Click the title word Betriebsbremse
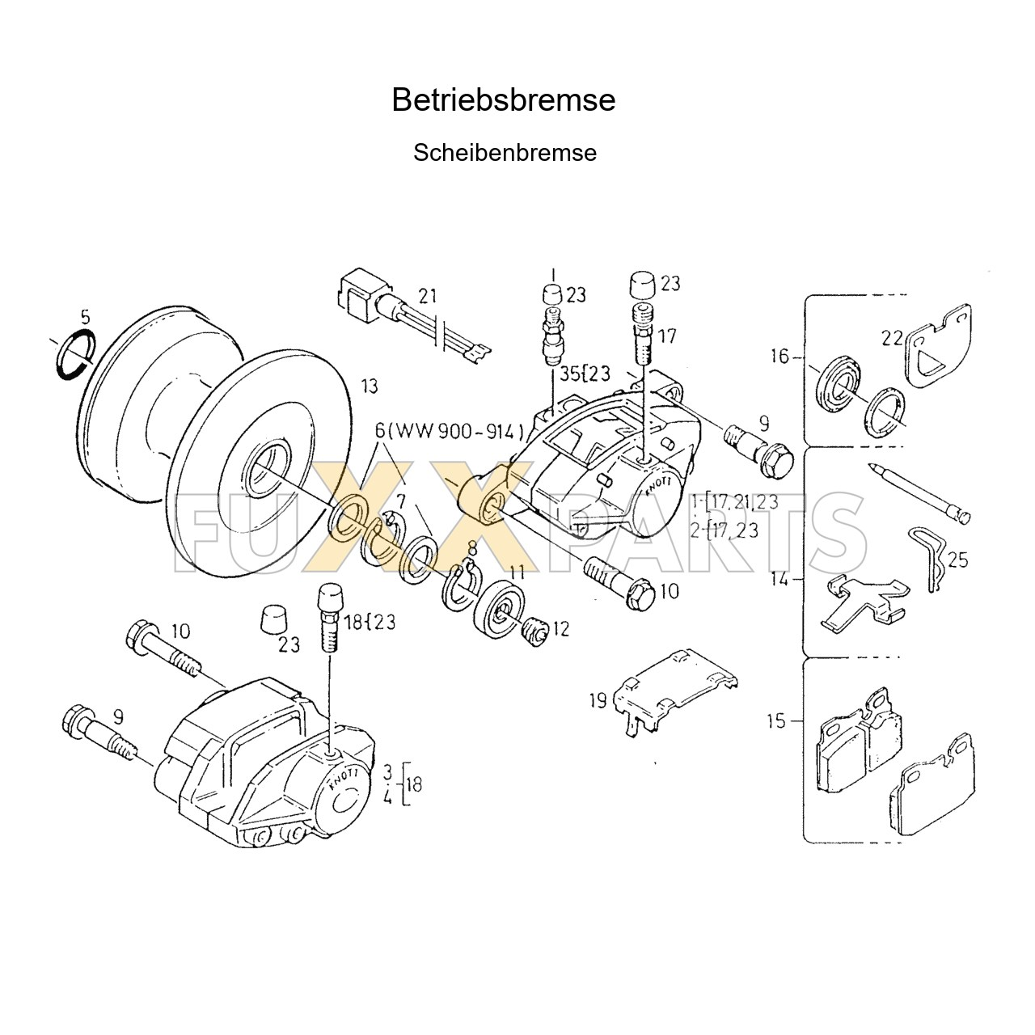(503, 100)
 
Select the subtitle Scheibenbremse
(505, 153)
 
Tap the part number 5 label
(87, 316)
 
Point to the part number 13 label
(369, 386)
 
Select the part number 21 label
(427, 297)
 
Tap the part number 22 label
(892, 339)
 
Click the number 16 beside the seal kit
(779, 356)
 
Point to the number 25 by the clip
(957, 560)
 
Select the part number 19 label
(598, 700)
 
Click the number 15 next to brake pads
(776, 720)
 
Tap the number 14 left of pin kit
(780, 579)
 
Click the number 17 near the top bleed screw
(667, 336)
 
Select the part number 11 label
(517, 573)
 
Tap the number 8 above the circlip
(472, 548)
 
